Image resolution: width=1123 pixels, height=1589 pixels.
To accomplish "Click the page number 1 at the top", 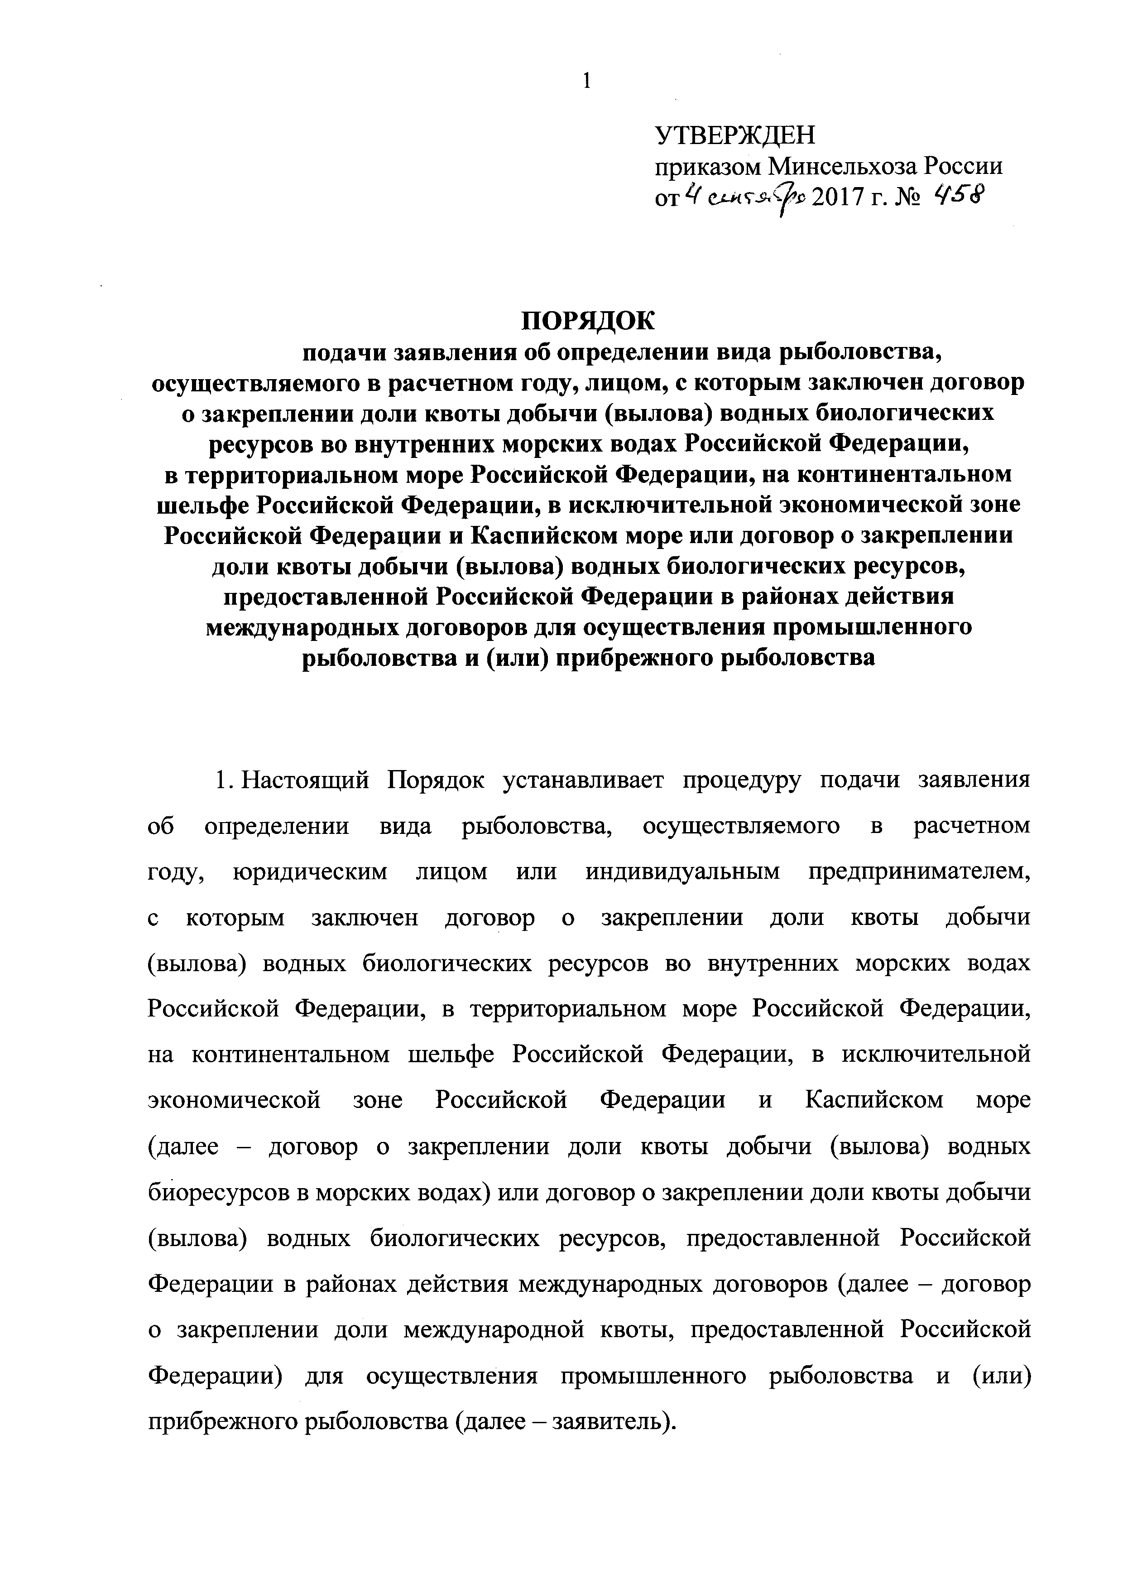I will point(587,82).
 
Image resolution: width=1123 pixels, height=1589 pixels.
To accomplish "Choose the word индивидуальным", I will point(683,872).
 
